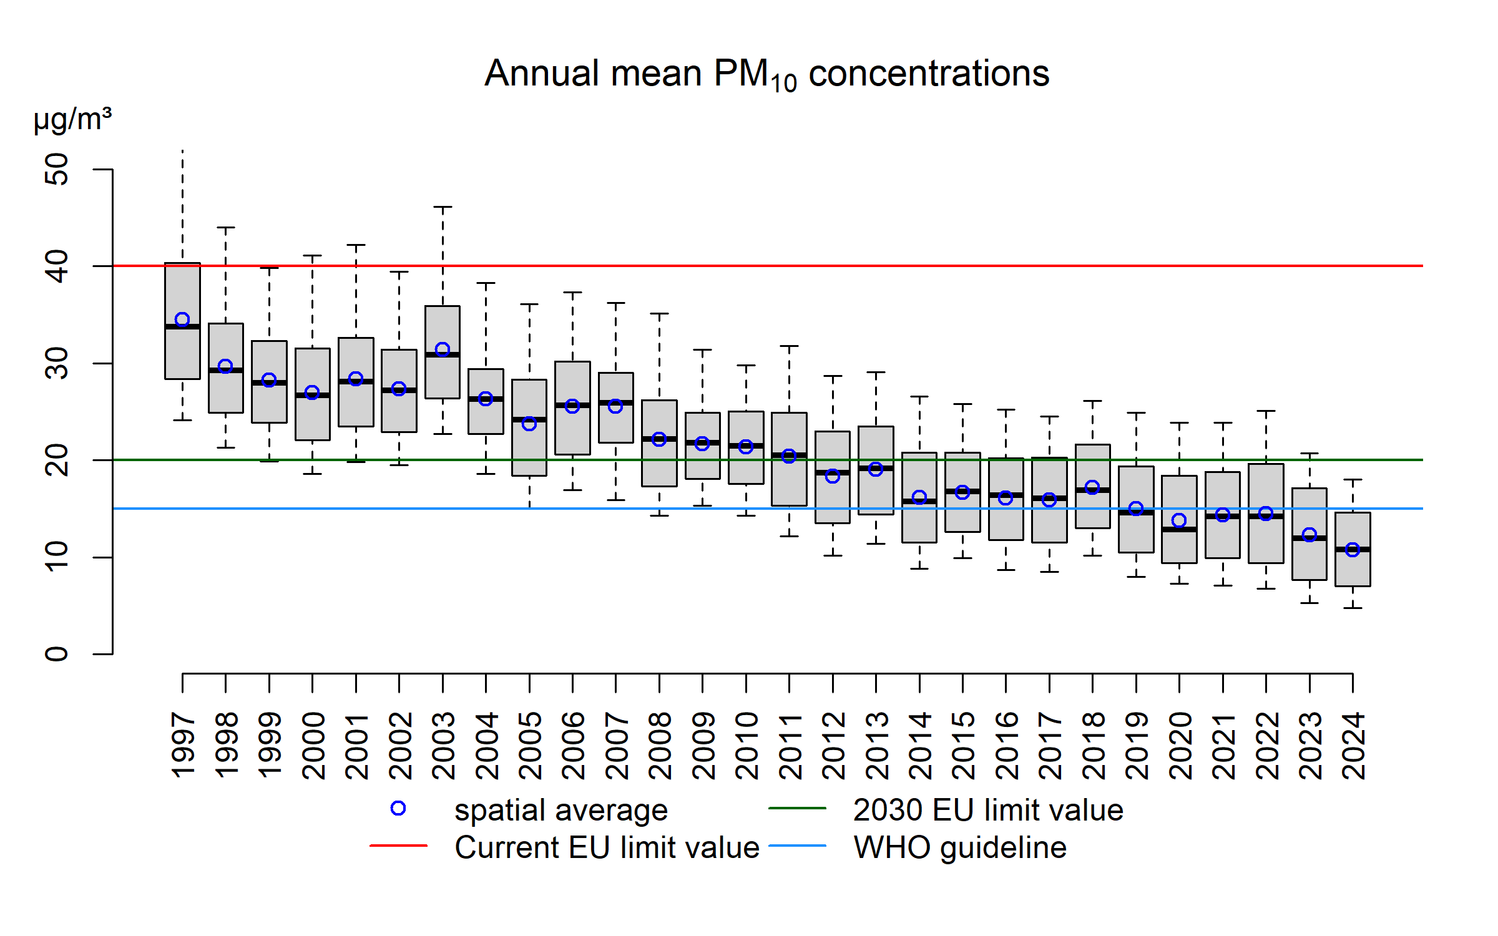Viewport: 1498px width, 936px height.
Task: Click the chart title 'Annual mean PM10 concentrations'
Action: [x=766, y=74]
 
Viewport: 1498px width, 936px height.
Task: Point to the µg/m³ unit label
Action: [x=72, y=119]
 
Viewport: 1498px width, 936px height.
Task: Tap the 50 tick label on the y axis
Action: [x=57, y=169]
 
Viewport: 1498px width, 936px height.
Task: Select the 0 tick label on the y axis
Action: [x=57, y=654]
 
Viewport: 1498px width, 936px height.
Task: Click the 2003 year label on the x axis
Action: [x=443, y=746]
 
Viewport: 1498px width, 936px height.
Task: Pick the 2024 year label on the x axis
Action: [x=1353, y=746]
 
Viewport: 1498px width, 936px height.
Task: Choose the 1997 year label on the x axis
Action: [x=183, y=746]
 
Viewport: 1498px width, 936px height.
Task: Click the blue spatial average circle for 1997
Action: [x=182, y=319]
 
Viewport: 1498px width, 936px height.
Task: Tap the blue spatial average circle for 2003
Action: [x=443, y=349]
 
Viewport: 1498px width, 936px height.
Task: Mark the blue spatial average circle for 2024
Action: [x=1353, y=550]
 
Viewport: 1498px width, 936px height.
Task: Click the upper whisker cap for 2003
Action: [x=443, y=207]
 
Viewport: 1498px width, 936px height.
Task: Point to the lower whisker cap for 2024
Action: [x=1353, y=608]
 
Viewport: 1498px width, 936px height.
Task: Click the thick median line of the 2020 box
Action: [x=1179, y=529]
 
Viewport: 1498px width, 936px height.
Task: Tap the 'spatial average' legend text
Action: [x=561, y=810]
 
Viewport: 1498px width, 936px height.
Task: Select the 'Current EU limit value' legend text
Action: [x=607, y=847]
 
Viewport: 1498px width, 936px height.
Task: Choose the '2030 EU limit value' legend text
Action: [x=988, y=810]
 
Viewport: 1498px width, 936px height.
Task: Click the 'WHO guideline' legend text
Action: [x=960, y=847]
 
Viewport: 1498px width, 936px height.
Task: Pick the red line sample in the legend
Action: [x=398, y=846]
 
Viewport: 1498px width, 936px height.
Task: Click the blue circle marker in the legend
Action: [x=398, y=809]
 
